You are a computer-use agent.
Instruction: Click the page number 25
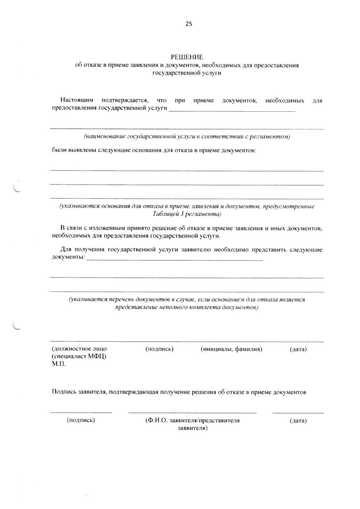click(x=188, y=24)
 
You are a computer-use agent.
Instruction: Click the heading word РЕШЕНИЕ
click(x=187, y=57)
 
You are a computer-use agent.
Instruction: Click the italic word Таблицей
click(x=163, y=214)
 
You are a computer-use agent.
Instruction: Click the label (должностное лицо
click(x=79, y=349)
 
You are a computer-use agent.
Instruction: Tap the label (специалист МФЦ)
click(x=79, y=356)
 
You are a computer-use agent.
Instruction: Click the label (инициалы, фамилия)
click(x=231, y=349)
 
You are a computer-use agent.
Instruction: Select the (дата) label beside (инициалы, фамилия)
click(x=298, y=349)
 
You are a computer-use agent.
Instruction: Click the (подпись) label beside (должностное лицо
click(x=160, y=349)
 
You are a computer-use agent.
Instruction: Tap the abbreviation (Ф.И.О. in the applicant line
click(x=156, y=420)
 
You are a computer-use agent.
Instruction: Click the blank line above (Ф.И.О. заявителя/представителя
click(x=192, y=413)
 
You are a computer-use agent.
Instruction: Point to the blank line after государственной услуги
click(x=232, y=111)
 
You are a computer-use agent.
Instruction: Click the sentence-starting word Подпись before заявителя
click(x=64, y=392)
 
